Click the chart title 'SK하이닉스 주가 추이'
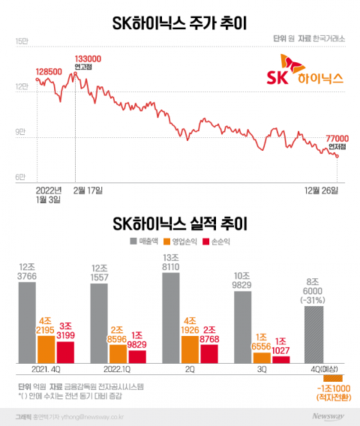180,17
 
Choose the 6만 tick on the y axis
20,177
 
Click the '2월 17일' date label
87,190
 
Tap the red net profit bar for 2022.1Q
137,357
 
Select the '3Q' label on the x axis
262,370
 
